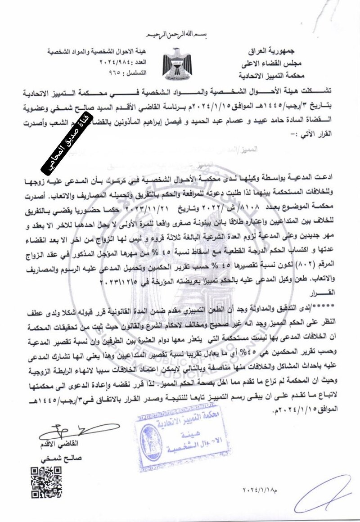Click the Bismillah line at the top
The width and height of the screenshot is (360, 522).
tap(180, 35)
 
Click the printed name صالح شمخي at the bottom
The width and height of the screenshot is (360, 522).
tap(63, 460)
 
